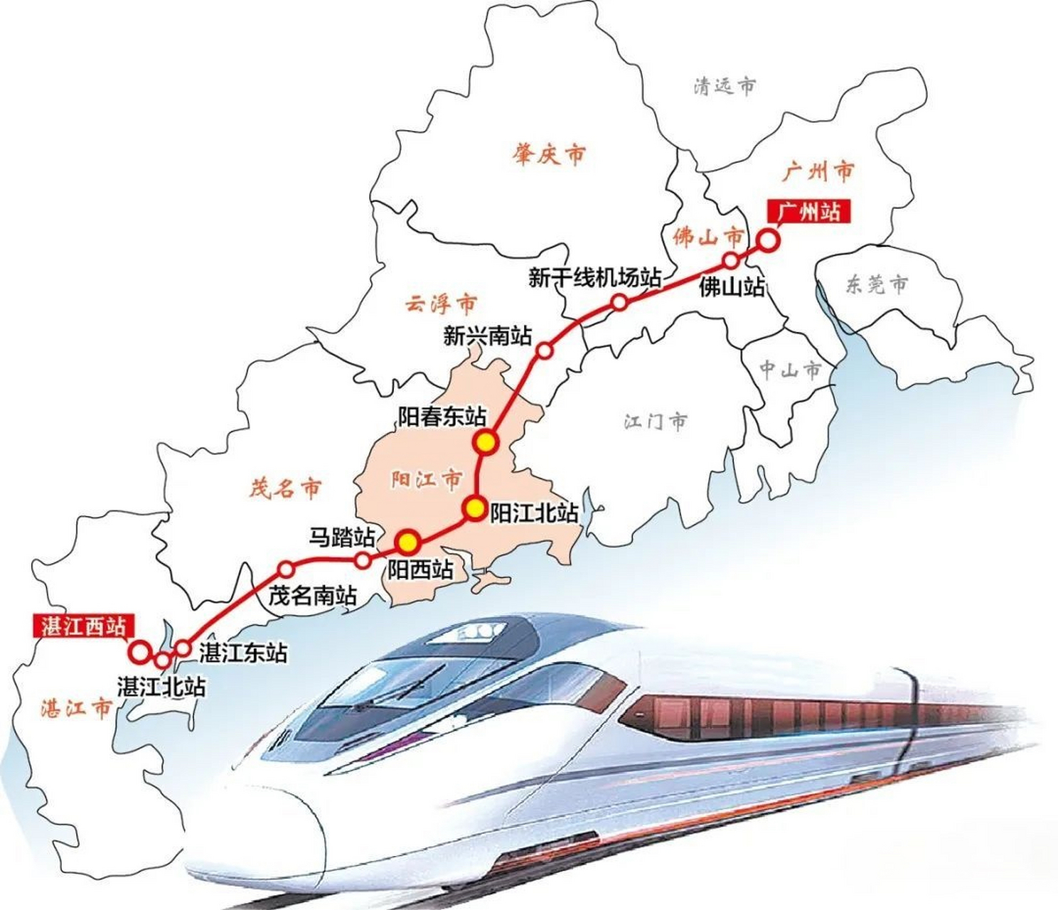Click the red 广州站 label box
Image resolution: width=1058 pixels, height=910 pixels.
tap(808, 211)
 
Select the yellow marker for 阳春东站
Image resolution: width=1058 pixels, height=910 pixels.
tap(487, 441)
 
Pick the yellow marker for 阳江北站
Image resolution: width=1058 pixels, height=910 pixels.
tap(474, 508)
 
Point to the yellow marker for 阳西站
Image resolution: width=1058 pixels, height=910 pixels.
tap(407, 542)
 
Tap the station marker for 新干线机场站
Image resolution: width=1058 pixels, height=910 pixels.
tap(619, 303)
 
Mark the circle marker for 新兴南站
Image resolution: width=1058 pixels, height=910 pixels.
tap(545, 350)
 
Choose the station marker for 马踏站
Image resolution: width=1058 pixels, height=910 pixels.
tap(363, 560)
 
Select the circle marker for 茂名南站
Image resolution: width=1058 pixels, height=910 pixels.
tap(287, 569)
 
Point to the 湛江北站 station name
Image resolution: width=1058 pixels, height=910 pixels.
tap(161, 687)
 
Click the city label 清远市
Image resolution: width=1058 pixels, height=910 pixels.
tap(725, 87)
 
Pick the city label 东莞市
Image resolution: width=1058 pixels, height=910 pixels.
tap(877, 284)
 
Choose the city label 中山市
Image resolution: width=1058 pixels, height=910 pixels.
tap(790, 369)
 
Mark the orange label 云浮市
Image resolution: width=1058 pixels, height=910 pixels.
tap(441, 304)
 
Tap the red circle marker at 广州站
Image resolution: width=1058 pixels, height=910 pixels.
tap(768, 240)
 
